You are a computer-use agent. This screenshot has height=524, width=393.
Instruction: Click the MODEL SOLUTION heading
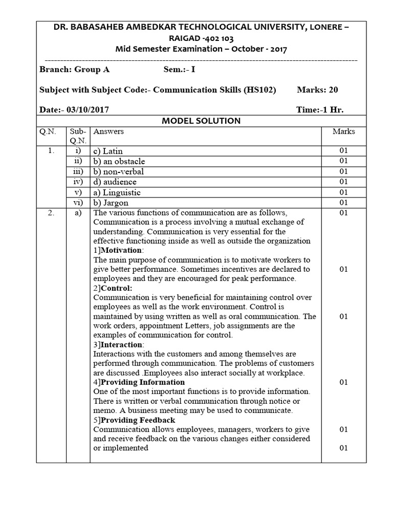(201, 121)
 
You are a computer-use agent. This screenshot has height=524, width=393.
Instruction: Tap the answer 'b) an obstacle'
(119, 161)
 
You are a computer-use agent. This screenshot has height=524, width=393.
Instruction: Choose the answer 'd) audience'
(115, 182)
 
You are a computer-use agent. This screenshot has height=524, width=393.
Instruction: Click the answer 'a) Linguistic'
(117, 192)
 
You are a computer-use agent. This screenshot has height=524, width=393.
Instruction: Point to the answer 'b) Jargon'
(111, 203)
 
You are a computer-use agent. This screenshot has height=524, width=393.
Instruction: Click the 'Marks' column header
(343, 132)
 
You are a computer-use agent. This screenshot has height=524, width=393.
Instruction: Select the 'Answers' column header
(108, 132)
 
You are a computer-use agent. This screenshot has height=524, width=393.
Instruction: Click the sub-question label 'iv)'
(78, 182)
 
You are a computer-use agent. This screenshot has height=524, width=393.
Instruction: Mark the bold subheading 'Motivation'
(122, 250)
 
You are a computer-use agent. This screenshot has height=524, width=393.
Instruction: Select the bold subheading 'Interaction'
(122, 344)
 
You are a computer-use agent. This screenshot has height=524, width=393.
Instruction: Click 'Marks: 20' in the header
(317, 90)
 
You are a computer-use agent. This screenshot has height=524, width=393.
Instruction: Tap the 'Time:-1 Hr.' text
(320, 110)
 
